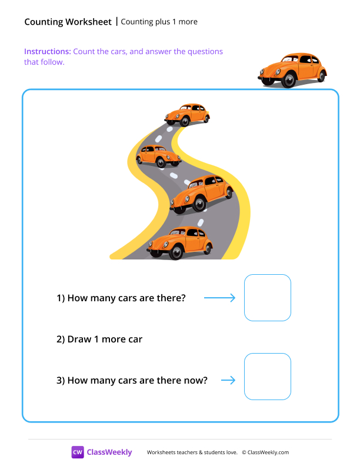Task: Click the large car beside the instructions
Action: (x=292, y=70)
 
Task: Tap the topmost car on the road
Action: (x=187, y=115)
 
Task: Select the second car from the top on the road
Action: (x=158, y=157)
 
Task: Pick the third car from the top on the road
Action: (x=202, y=193)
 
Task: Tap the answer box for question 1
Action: (x=268, y=298)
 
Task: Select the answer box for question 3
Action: (x=268, y=377)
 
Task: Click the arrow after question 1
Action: (x=219, y=298)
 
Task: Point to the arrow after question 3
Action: (x=228, y=380)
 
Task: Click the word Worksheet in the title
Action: (x=88, y=22)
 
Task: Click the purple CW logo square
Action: (x=78, y=452)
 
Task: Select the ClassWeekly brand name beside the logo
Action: (x=109, y=452)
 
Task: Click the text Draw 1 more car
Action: (x=99, y=339)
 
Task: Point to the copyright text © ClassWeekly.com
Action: (x=265, y=452)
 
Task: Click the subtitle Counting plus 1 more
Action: (x=159, y=22)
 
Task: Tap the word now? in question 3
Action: (x=195, y=380)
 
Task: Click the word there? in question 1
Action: (x=171, y=298)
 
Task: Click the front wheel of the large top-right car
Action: (x=287, y=81)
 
